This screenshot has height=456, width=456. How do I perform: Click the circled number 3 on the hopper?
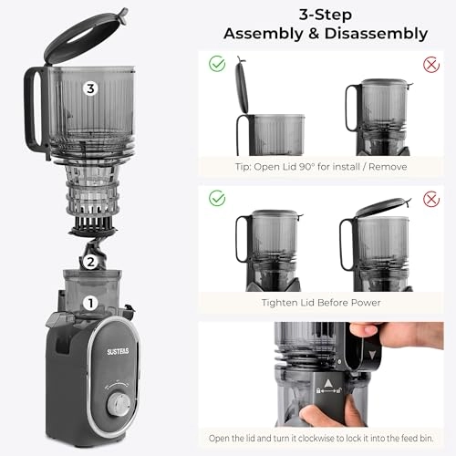click(x=89, y=88)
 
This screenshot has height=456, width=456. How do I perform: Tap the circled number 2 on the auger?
click(x=90, y=261)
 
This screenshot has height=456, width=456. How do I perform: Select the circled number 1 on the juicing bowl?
click(x=89, y=302)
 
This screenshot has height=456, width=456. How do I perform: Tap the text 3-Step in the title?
click(x=326, y=13)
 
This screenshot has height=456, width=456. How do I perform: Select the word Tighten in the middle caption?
click(x=285, y=302)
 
